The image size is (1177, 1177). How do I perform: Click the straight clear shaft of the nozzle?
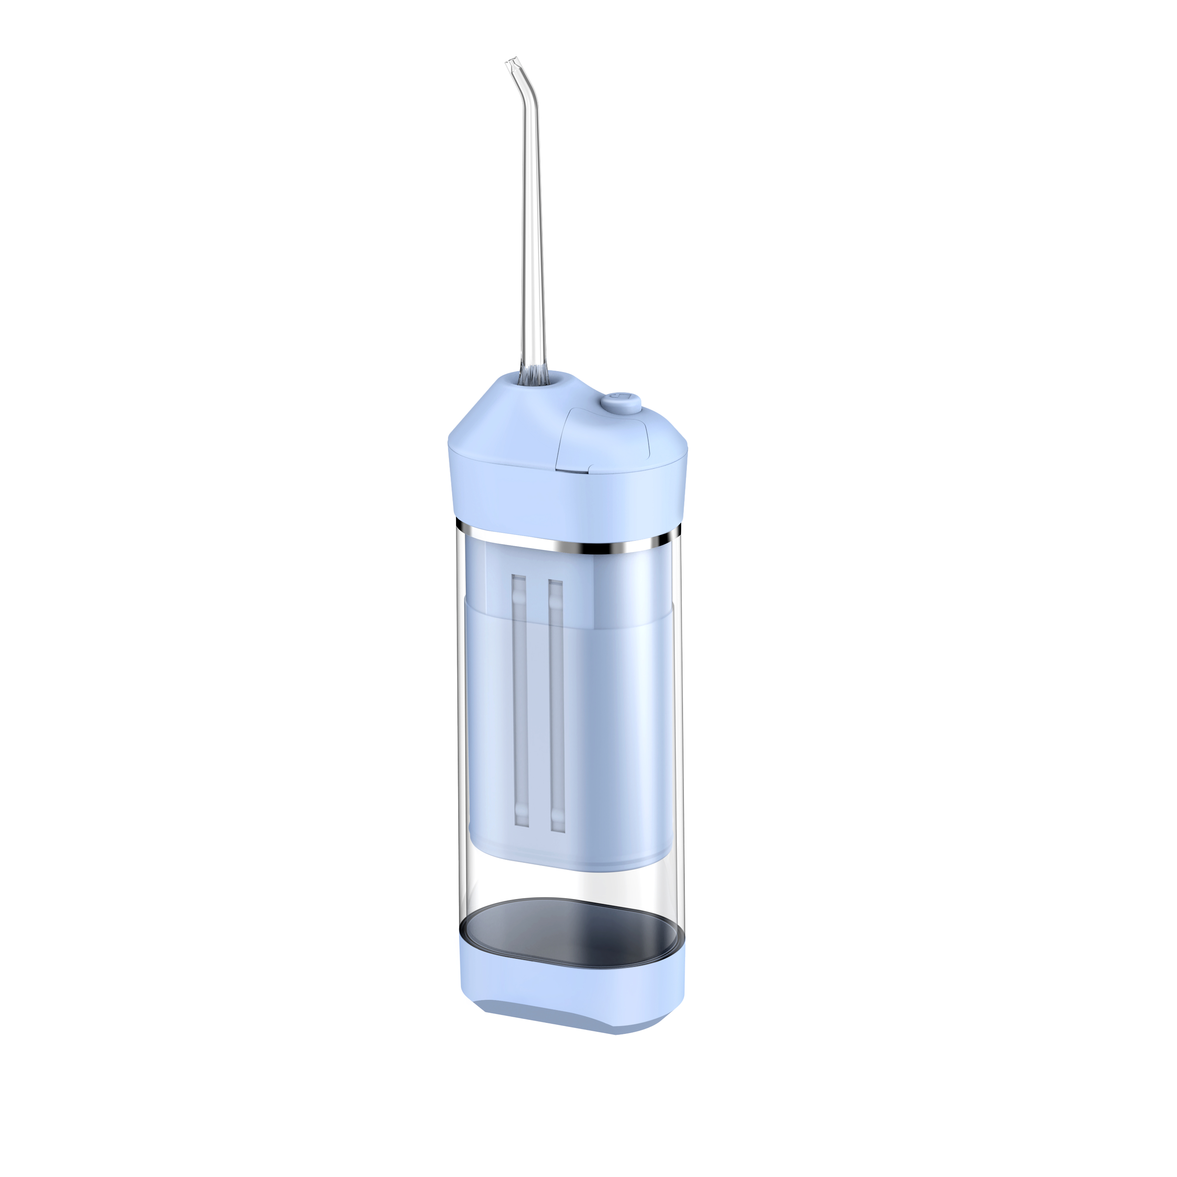click(x=531, y=232)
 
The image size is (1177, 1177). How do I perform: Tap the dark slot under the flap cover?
click(x=573, y=469)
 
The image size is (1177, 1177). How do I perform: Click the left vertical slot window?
click(x=519, y=701)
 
